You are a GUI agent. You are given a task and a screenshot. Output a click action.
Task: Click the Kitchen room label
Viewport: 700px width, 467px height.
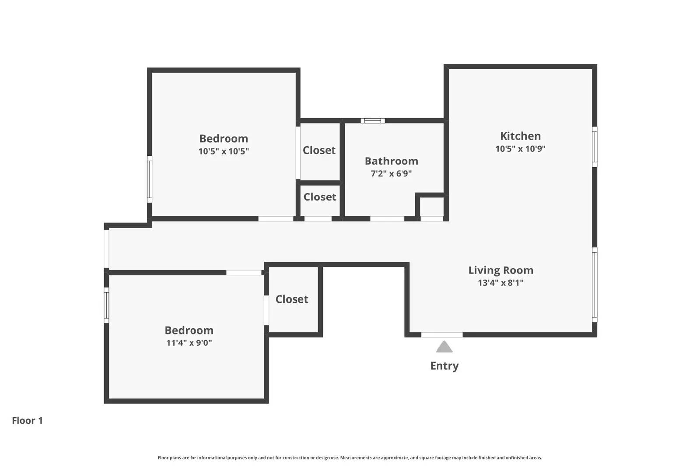coord(520,136)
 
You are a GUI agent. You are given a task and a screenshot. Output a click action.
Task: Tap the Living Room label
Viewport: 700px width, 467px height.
coord(500,270)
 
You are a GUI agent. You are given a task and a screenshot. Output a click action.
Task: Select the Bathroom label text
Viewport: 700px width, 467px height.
coord(391,161)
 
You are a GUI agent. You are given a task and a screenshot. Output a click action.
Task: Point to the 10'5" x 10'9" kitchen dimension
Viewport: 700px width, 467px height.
coord(520,149)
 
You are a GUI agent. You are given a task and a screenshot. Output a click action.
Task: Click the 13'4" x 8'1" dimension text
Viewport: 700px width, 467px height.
coord(500,283)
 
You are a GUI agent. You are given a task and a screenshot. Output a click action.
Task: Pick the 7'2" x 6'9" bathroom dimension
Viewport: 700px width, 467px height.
coord(391,174)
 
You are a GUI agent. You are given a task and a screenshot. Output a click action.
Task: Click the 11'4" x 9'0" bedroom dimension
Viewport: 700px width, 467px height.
coord(189,343)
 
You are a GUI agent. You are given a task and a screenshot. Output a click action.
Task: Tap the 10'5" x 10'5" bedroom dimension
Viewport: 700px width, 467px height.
coord(224,151)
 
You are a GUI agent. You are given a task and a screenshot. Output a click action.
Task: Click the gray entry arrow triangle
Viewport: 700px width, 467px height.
coord(444,347)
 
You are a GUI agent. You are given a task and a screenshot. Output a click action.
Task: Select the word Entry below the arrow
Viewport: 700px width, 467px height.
coord(444,366)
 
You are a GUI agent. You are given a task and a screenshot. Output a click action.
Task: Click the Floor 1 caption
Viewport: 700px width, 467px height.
coord(27,421)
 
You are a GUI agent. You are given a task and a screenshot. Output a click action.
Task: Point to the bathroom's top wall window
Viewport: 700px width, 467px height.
coord(373,121)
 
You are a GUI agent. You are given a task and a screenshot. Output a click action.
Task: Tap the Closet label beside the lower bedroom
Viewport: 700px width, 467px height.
coord(292,299)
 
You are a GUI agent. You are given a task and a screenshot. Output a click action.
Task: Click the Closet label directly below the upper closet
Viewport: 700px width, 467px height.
coord(320,197)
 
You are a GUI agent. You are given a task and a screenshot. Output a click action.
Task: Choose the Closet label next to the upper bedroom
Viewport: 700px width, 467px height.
coord(319,150)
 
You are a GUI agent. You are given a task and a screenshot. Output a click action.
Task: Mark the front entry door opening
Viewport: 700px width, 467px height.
coord(442,335)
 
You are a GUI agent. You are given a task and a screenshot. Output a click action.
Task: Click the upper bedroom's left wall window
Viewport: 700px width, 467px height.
coord(150,179)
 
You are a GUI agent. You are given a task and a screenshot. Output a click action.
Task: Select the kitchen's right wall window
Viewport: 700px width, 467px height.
coord(595,147)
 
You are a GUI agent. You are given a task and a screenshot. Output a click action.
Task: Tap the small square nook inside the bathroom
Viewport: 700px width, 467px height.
coord(432,206)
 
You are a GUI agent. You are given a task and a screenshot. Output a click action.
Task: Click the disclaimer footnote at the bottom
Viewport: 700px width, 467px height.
coord(350,458)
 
